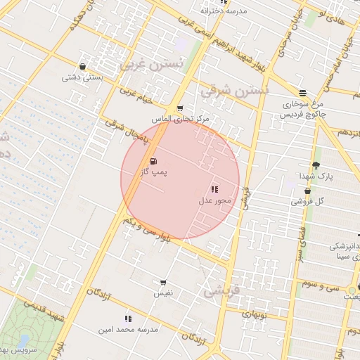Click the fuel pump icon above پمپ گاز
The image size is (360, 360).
(154, 162)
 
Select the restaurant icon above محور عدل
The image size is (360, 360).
(214, 189)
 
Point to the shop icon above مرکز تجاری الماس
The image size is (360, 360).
(180, 108)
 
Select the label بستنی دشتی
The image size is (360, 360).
(82, 77)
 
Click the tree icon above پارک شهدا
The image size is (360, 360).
(315, 165)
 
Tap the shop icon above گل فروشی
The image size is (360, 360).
(307, 191)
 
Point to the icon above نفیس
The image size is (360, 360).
(164, 282)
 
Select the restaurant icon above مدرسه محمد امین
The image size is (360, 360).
(128, 319)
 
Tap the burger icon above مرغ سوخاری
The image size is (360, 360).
(302, 93)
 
